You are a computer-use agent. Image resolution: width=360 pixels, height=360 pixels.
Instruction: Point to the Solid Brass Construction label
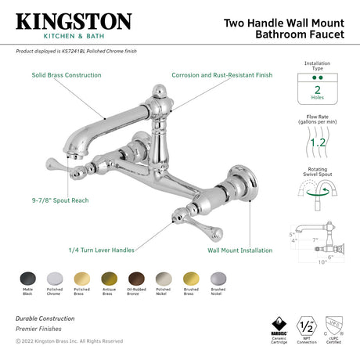coord(66,75)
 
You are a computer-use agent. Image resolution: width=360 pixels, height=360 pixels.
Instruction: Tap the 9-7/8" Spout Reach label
coord(59,200)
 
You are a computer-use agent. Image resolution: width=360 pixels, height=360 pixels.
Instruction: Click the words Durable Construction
coord(45,319)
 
